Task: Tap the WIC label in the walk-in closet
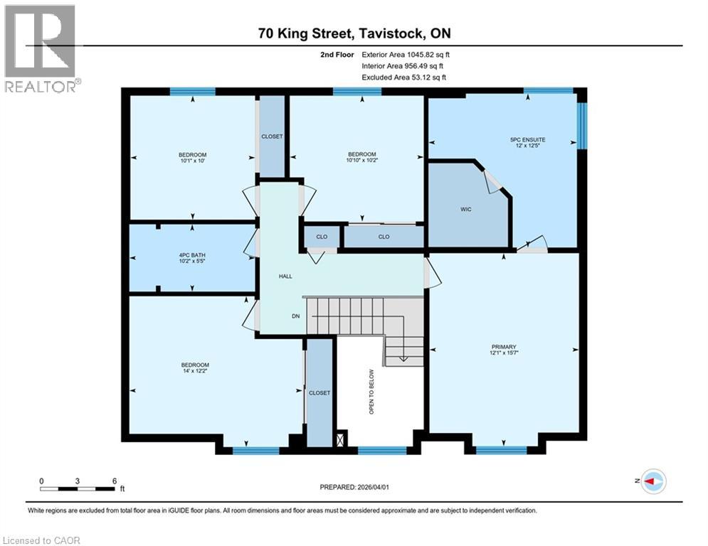coord(467,210)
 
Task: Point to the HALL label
coord(286,277)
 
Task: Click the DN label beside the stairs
coord(295,317)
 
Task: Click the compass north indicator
coord(652,481)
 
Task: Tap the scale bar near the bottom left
coord(78,488)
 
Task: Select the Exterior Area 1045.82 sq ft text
coord(406,54)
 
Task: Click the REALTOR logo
coord(41,48)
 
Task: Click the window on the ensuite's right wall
coord(582,126)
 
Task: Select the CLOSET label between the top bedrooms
coord(272,136)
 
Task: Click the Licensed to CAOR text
coord(42,540)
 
